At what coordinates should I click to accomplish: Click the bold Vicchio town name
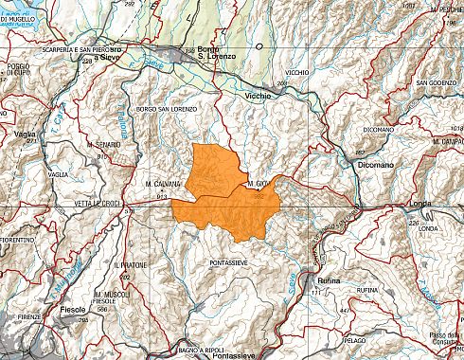(x=259, y=96)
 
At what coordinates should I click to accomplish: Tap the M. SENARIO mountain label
(x=114, y=142)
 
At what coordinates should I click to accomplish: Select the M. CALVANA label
(x=163, y=183)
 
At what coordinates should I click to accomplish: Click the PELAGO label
(x=355, y=339)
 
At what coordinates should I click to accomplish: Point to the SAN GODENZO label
(x=437, y=83)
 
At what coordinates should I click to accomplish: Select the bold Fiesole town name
(x=72, y=310)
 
